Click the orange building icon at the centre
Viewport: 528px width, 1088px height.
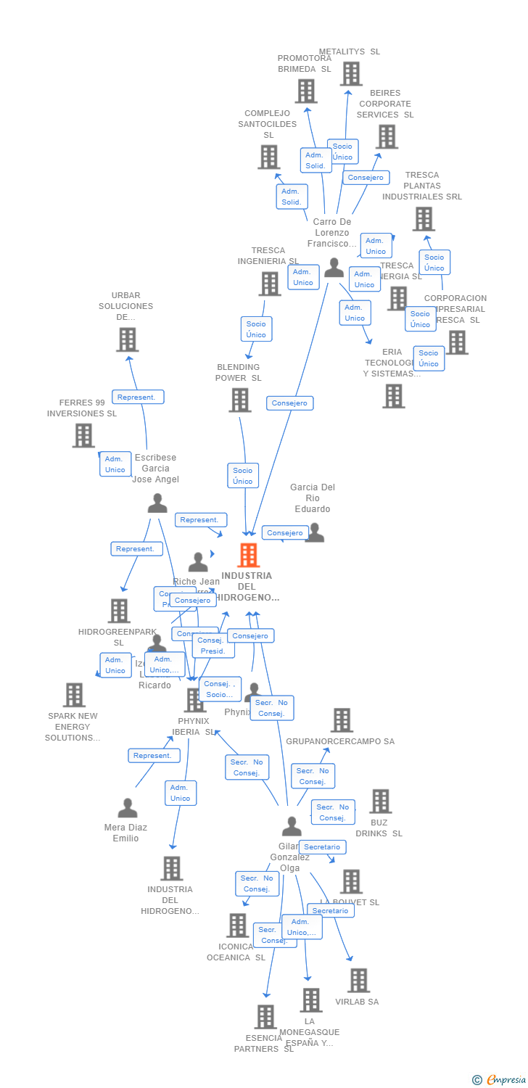coord(248,555)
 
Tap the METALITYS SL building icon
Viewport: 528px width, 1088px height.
coord(351,73)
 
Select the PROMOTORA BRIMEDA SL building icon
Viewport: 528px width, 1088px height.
coord(306,91)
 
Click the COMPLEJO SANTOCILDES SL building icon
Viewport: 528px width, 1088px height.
coord(269,157)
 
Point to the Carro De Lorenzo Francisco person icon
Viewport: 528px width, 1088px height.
coord(334,268)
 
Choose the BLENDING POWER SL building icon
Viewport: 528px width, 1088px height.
coord(239,400)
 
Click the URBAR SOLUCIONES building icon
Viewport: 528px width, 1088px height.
coord(127,339)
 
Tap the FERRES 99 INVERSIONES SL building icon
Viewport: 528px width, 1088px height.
coord(83,435)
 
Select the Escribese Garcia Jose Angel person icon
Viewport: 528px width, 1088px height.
coord(157,503)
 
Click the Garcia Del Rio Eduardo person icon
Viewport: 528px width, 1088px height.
coord(315,533)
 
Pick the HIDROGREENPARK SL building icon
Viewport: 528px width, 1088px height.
coord(119,611)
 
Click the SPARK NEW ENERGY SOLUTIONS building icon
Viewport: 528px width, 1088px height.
coord(73,695)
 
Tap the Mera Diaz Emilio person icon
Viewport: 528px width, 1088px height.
coord(128,807)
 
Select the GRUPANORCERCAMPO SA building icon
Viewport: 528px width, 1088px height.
coord(342,720)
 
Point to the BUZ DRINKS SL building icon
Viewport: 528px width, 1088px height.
coord(380,801)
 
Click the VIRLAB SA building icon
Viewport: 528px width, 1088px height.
coord(358,980)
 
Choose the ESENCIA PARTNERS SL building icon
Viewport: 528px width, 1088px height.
coord(265,1016)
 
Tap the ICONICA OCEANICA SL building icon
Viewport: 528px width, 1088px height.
coord(237,925)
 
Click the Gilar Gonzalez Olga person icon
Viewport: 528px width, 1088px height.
coord(292,825)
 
